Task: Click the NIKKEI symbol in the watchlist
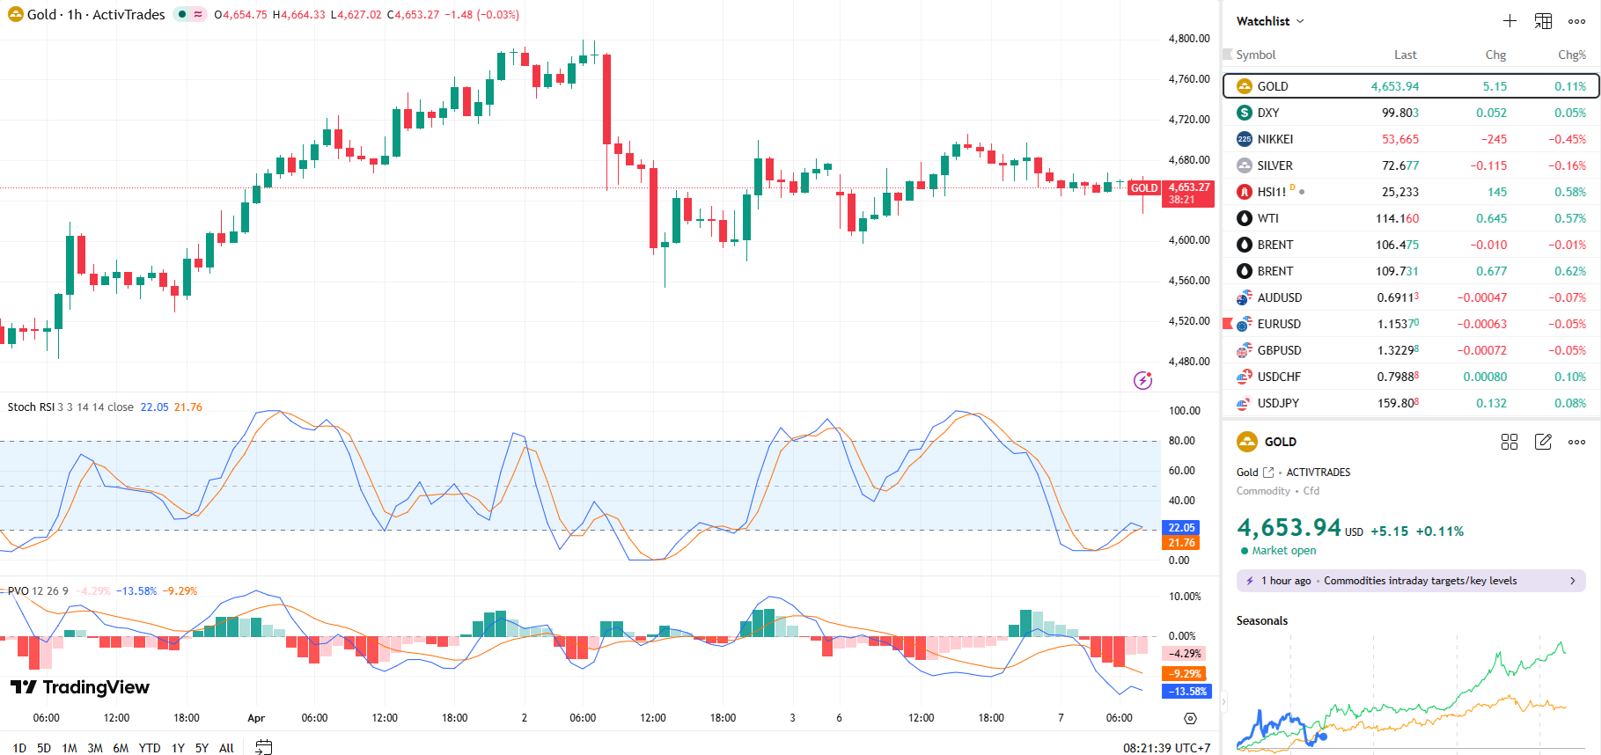pos(1274,139)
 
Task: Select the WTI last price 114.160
pos(1397,218)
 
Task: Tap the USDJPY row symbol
pos(1278,403)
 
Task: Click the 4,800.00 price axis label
pos(1189,39)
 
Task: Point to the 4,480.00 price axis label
pos(1189,362)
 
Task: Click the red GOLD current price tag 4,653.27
pos(1188,187)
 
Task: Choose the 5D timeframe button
pos(44,748)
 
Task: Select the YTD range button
pos(150,748)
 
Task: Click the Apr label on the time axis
pos(256,718)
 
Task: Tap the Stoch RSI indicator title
pos(32,407)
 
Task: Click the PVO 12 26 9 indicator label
pos(38,591)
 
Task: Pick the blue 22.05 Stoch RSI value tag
pos(1181,528)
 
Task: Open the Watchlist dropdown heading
pos(1269,21)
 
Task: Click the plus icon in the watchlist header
pos(1509,21)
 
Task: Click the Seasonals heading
pos(1261,620)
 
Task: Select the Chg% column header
pos(1571,55)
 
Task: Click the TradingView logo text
pos(95,687)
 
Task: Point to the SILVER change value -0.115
pos(1488,165)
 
